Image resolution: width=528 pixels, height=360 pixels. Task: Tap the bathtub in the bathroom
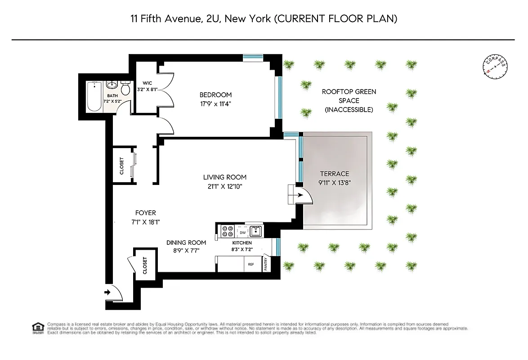pyautogui.click(x=94, y=96)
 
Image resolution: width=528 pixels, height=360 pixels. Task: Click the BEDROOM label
pyautogui.click(x=215, y=95)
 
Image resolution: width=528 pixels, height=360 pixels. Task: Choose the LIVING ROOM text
pyautogui.click(x=224, y=177)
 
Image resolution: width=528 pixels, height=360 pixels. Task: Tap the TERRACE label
pyautogui.click(x=334, y=174)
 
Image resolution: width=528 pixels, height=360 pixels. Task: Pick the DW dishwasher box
pyautogui.click(x=243, y=233)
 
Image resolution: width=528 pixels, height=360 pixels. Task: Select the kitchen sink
pyautogui.click(x=256, y=231)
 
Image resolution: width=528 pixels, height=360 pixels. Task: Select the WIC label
pyautogui.click(x=147, y=83)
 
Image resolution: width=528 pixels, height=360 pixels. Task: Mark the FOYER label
pyautogui.click(x=145, y=213)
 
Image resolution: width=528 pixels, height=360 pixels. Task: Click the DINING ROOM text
pyautogui.click(x=186, y=243)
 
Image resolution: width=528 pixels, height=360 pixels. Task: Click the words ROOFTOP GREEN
pyautogui.click(x=349, y=92)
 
